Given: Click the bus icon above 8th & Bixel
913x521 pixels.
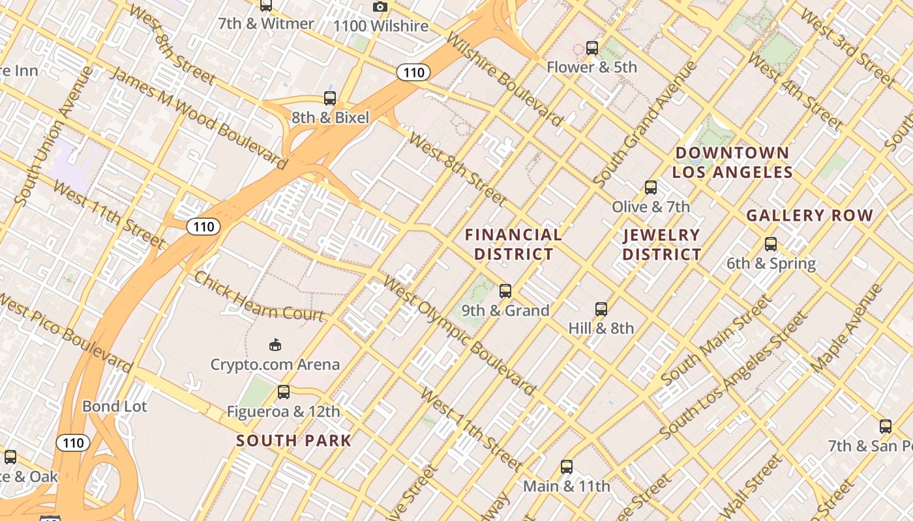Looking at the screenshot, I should click(x=330, y=98).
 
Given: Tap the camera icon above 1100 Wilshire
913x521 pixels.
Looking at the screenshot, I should click(x=380, y=7).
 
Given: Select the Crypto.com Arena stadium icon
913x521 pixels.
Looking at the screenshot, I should click(x=275, y=345).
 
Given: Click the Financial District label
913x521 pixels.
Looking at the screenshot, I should click(x=514, y=244).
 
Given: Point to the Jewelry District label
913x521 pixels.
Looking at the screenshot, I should click(x=661, y=244).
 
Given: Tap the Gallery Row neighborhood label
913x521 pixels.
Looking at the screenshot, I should click(x=809, y=215).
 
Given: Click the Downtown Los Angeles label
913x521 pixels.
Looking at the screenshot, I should click(x=732, y=163).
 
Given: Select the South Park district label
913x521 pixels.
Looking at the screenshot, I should click(x=293, y=440).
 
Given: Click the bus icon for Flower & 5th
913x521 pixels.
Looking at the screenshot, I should click(x=591, y=48).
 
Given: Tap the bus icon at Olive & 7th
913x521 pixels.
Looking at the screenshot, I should click(x=650, y=188).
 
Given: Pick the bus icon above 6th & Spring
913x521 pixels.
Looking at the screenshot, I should click(x=771, y=244).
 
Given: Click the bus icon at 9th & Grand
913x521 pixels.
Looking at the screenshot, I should click(x=505, y=291).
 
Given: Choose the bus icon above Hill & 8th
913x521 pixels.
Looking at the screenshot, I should click(x=601, y=309).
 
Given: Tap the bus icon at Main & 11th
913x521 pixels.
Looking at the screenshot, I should click(x=567, y=467).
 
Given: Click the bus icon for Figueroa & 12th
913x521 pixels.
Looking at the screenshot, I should click(x=283, y=392).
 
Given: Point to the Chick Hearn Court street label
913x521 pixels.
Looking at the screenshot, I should click(x=260, y=296).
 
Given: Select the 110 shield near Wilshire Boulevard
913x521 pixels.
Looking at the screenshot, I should click(x=413, y=72).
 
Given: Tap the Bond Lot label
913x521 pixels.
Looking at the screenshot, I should click(x=115, y=406).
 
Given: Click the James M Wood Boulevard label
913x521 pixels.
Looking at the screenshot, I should click(x=198, y=117).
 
